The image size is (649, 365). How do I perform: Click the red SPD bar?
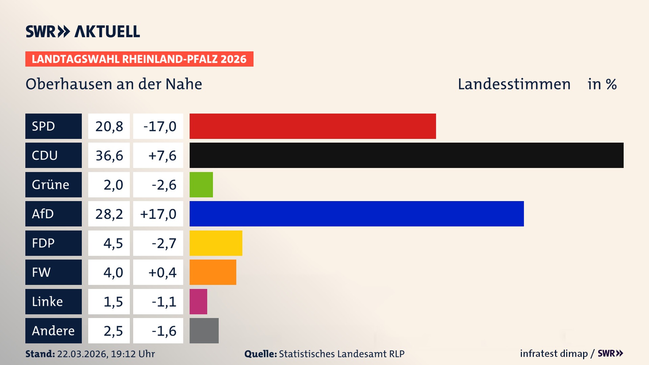point(313,126)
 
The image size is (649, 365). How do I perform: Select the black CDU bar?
point(406,155)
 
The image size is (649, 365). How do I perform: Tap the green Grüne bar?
point(201,185)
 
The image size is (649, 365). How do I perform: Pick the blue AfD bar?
point(357,214)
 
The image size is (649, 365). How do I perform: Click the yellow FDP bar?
point(216,243)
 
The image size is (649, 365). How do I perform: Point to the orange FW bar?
point(213,272)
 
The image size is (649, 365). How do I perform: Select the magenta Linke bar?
point(198,301)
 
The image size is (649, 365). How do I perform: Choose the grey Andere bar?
point(204,331)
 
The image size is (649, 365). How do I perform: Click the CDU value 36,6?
point(109,155)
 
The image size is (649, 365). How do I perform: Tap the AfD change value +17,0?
point(158,214)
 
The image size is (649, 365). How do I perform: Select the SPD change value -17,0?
point(160,126)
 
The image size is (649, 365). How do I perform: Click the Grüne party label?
point(51,185)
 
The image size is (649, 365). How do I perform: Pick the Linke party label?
point(47,301)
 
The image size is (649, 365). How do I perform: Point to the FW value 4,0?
point(113,272)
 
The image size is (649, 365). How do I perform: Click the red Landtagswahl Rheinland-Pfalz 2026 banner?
point(139,59)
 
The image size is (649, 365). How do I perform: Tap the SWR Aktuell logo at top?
point(82,31)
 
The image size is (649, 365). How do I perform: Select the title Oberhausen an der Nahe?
point(114,84)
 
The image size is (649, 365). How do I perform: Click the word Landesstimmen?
point(514,84)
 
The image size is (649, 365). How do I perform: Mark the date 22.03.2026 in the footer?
point(82,354)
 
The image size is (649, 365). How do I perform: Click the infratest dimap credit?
point(554,354)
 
